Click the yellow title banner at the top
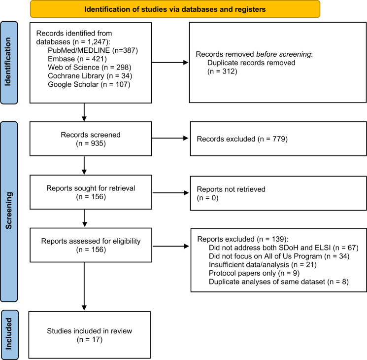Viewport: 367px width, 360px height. point(175,9)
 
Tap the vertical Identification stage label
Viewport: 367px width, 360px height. point(9,63)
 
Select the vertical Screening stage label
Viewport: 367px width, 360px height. point(9,212)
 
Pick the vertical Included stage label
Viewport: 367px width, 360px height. point(9,334)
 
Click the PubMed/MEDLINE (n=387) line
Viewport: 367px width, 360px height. point(93,50)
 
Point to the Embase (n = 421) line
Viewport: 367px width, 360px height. point(77,59)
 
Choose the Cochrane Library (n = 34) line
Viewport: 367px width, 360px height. point(90,76)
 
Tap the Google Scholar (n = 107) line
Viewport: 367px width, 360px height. point(89,84)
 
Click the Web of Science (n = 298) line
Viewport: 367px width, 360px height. point(89,68)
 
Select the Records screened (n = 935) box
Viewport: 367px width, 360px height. point(91,139)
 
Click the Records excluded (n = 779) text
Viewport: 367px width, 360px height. point(242,139)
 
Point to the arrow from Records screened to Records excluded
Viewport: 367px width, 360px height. point(170,138)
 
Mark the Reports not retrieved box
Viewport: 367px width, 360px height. point(278,193)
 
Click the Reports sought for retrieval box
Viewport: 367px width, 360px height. point(91,192)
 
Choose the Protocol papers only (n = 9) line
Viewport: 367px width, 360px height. point(254,273)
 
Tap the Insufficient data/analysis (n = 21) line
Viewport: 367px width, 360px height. point(263,265)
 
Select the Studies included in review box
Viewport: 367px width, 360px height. point(89,335)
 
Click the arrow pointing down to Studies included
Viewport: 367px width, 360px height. point(84,287)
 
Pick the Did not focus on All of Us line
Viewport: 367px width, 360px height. point(279,256)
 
